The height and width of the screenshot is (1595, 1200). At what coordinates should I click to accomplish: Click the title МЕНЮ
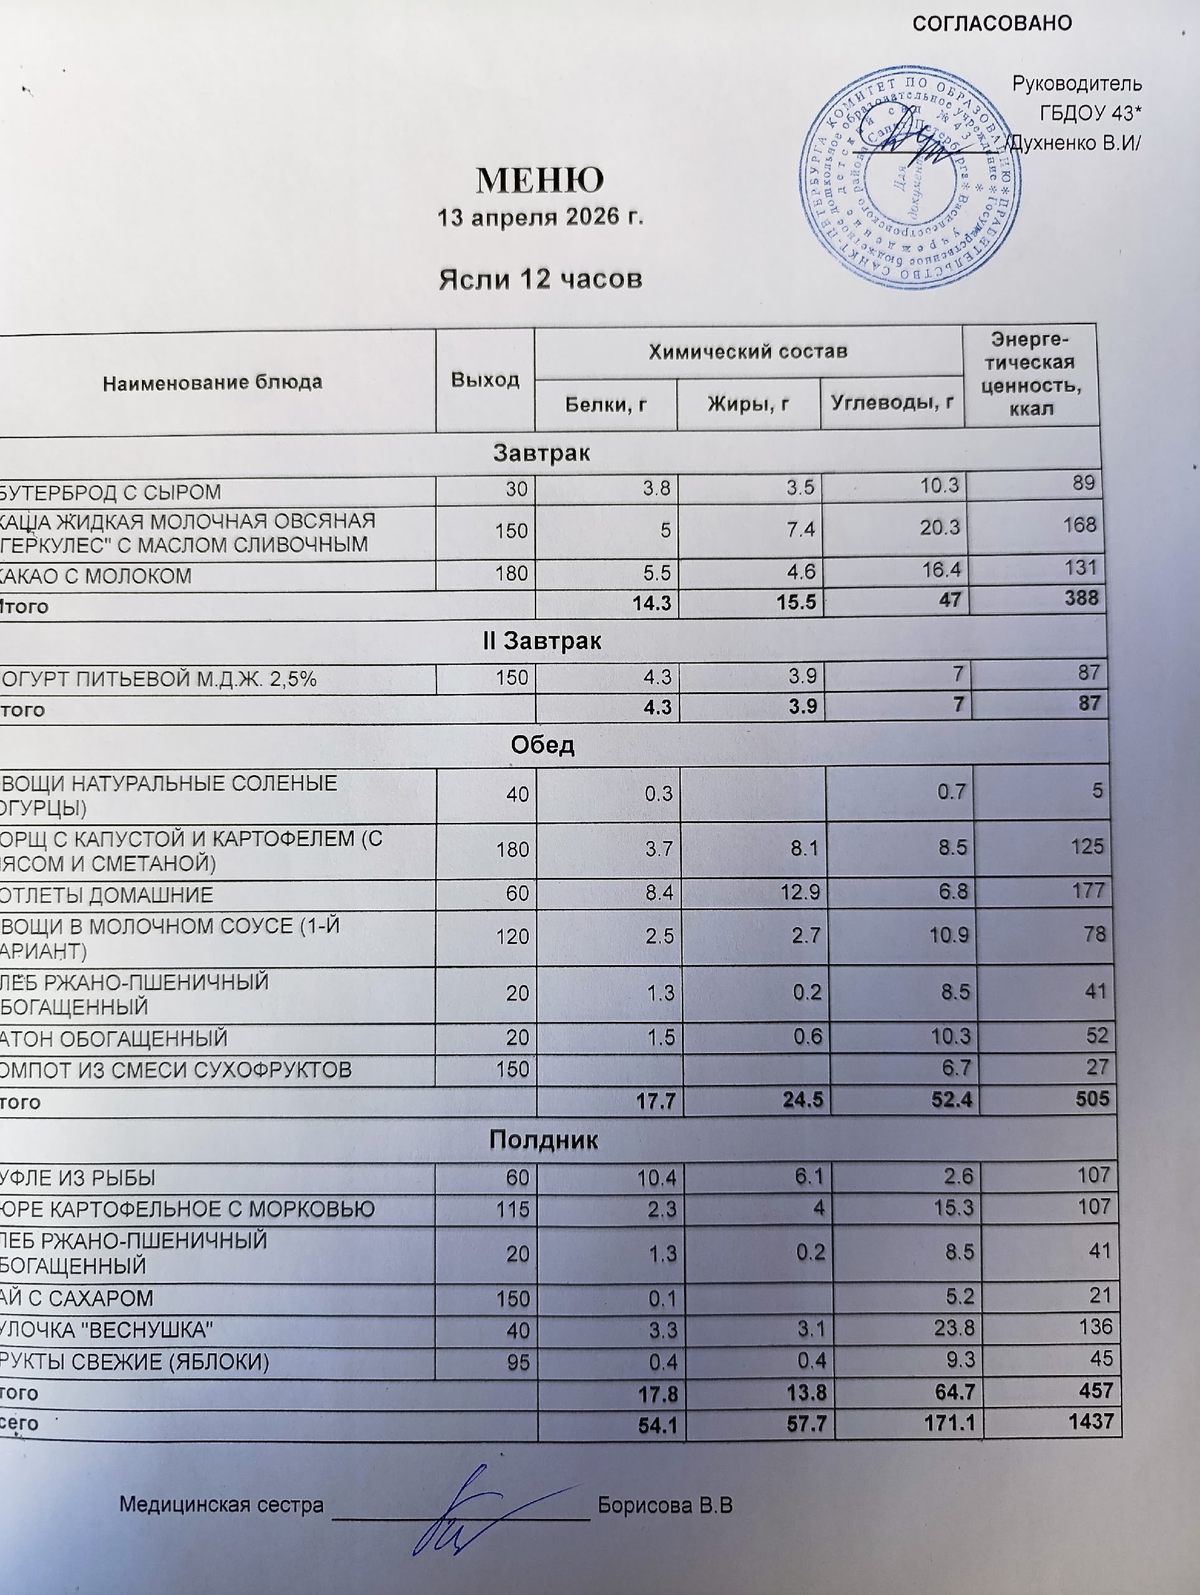coord(540,180)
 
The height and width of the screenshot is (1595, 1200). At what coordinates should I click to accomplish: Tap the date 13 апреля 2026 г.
coord(540,216)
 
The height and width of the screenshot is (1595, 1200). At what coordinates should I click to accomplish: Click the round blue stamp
coord(910,178)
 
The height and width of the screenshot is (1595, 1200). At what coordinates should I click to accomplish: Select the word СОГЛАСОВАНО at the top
coord(992,24)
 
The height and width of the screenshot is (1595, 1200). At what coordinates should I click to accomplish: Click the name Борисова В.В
coord(664,1505)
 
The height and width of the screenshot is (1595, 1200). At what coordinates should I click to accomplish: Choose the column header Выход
coord(485,380)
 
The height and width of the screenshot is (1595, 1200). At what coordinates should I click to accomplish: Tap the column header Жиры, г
coord(747,404)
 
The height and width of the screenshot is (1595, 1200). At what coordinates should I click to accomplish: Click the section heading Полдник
coord(544,1140)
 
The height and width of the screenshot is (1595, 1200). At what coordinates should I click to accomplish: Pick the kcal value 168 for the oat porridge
coord(1079,525)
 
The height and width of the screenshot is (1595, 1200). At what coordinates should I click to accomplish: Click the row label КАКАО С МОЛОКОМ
coord(97,576)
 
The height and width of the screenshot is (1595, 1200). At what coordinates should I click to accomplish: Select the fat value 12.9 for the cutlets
coord(803,893)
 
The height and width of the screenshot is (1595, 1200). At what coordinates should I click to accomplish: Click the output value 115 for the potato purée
coord(513,1209)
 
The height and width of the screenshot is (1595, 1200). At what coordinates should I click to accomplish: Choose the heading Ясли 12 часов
coord(541,279)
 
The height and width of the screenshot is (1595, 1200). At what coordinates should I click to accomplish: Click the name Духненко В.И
coord(1073,143)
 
